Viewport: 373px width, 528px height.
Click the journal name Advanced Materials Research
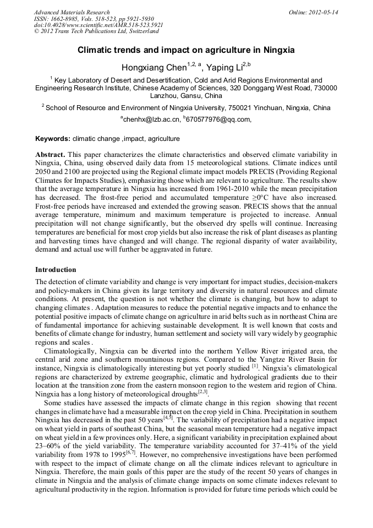pos(72,12)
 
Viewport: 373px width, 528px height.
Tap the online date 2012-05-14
pos(323,12)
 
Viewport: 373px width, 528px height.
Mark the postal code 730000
pos(325,88)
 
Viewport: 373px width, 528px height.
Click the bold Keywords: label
pos(53,139)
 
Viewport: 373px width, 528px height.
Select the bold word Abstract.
pos(50,154)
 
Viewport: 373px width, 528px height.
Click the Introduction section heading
pos(56,270)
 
